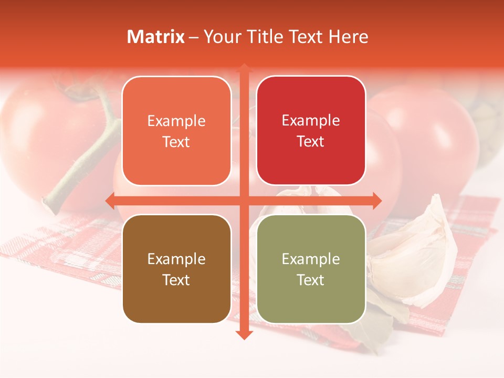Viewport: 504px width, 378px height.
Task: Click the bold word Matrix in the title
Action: [x=156, y=37]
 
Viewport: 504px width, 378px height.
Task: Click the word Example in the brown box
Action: [x=176, y=259]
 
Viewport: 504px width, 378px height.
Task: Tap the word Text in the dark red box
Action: [x=311, y=142]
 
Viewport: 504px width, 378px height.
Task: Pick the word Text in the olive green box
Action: [x=311, y=280]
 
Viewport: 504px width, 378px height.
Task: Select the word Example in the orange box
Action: [x=176, y=121]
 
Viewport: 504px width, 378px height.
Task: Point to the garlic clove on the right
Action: [x=420, y=252]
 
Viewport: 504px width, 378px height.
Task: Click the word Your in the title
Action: [x=221, y=37]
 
